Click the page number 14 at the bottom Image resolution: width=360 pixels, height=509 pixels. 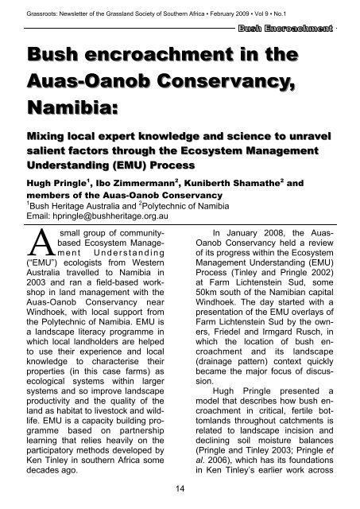tap(180, 486)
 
